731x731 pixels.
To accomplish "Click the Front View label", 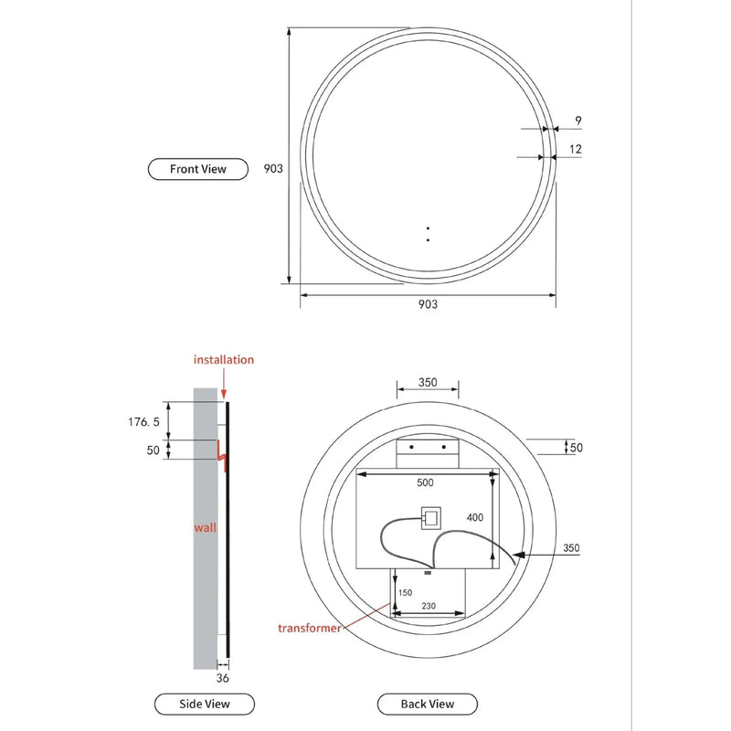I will [197, 169].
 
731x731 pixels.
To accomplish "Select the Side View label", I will [205, 704].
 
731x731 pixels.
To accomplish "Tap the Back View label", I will [428, 704].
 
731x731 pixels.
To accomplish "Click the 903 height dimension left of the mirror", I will [272, 168].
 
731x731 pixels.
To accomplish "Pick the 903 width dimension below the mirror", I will [427, 304].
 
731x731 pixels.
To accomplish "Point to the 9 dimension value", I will [578, 119].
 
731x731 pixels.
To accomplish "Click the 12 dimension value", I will [575, 148].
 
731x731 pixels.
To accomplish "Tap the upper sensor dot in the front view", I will [428, 228].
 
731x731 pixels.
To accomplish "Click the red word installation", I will [223, 360].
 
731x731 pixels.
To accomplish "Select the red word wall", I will [205, 528].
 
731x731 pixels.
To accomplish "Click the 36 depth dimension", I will [223, 678].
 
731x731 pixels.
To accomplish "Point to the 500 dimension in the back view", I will [425, 482].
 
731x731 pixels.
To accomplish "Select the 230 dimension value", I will [429, 605].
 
